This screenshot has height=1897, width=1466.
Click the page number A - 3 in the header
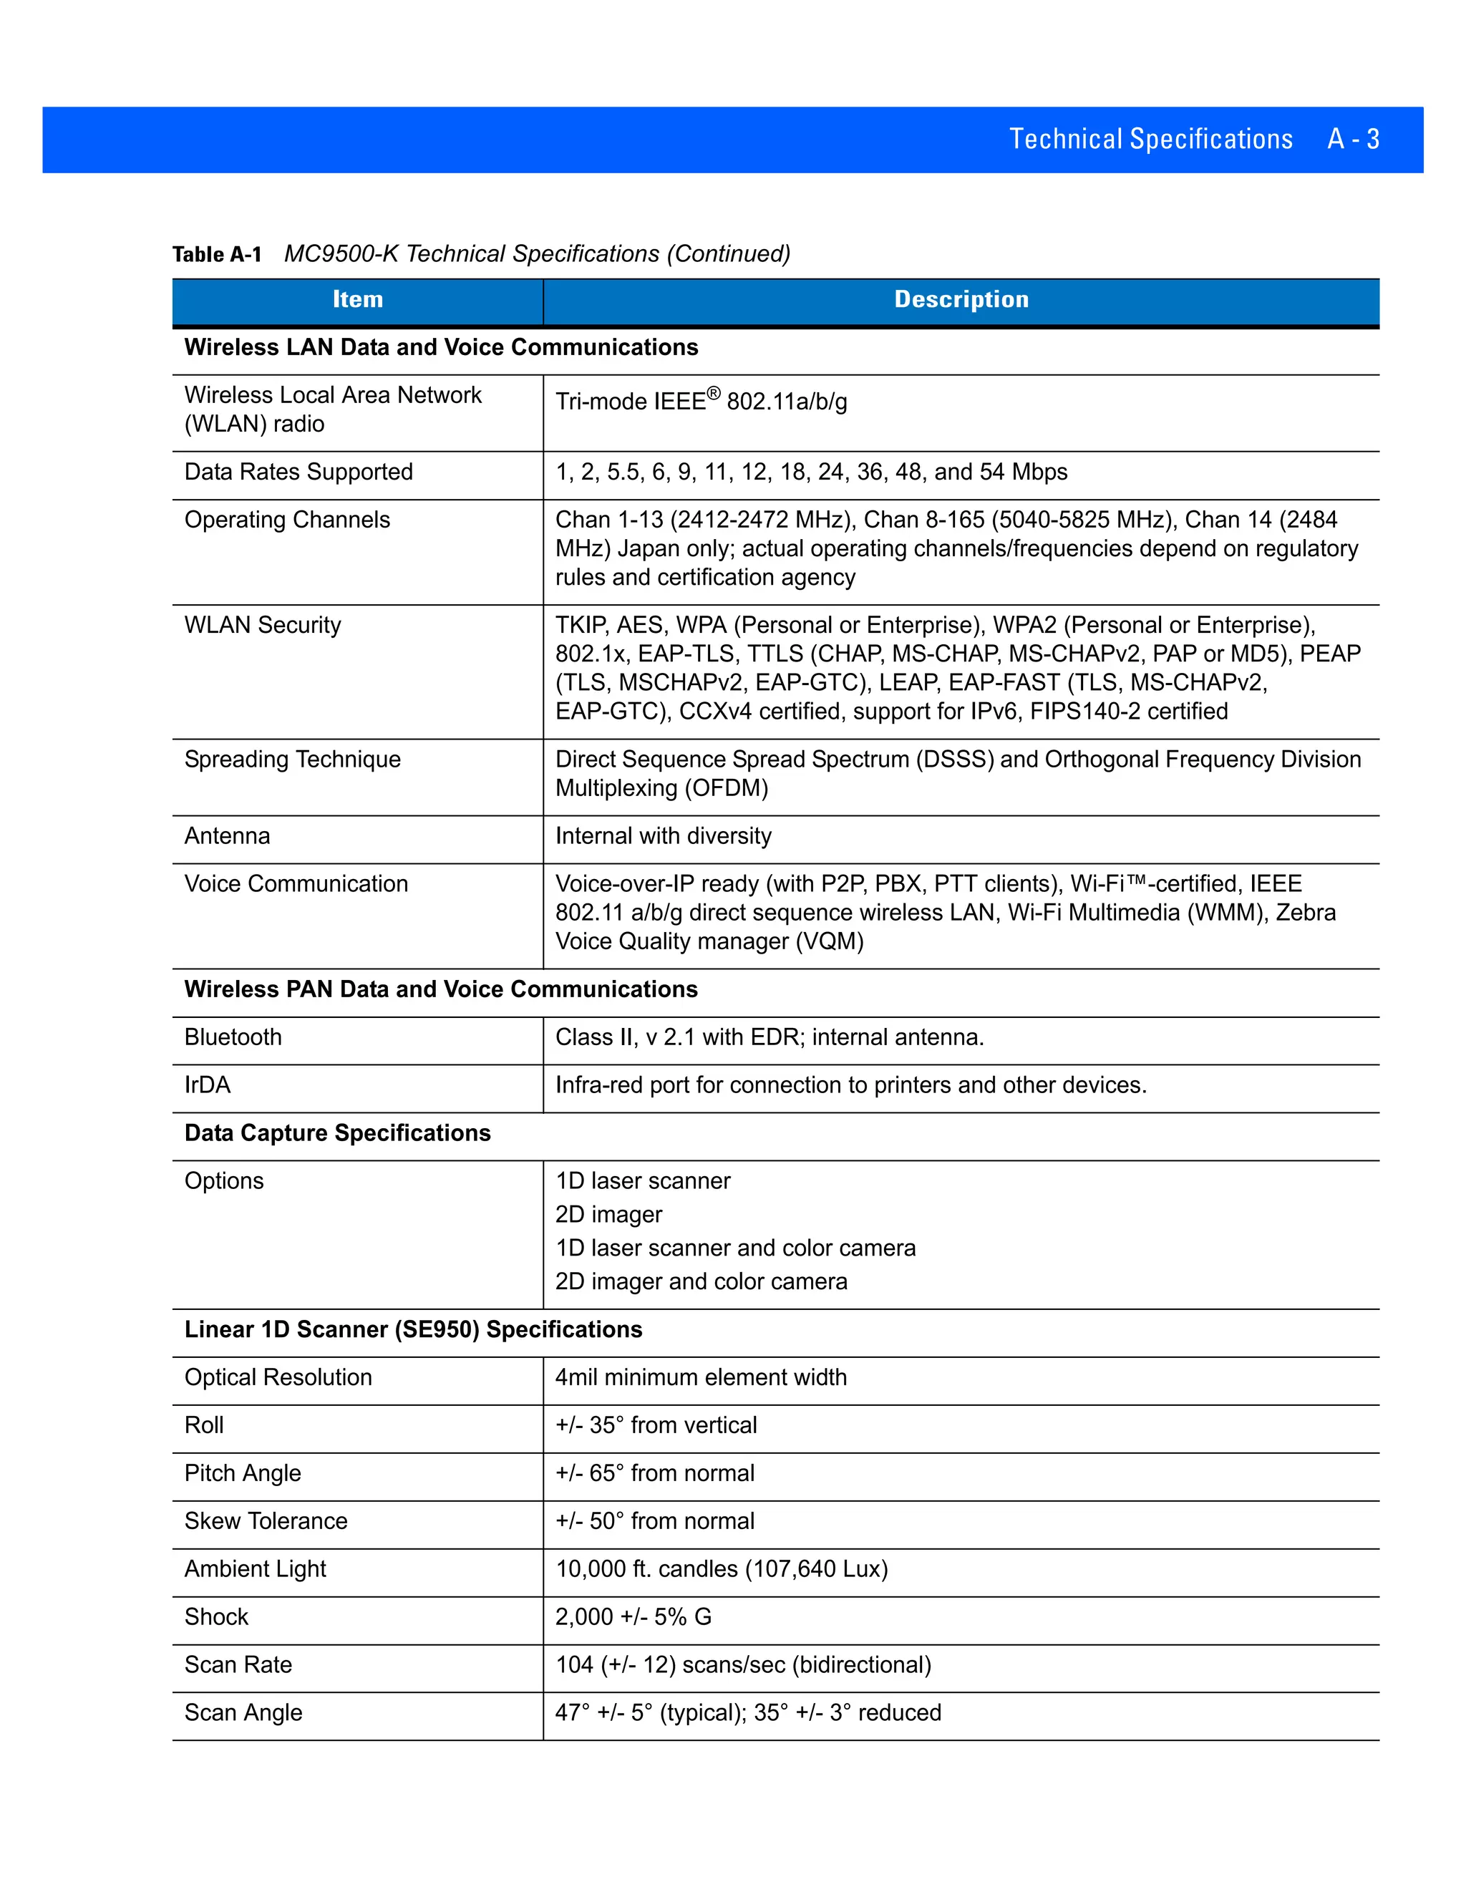click(x=1352, y=140)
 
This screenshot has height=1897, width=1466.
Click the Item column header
click(x=357, y=300)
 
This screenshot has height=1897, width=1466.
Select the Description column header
click(x=961, y=300)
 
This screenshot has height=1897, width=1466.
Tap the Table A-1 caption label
click(x=217, y=255)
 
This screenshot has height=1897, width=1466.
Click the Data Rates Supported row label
click(x=298, y=472)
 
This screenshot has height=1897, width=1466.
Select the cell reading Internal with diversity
click(x=663, y=835)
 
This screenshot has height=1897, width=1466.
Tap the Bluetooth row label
click(x=233, y=1037)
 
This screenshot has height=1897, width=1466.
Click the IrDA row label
click(x=208, y=1085)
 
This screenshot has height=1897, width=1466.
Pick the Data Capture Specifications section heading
click(x=337, y=1132)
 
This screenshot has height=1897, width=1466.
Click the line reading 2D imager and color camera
click(x=701, y=1281)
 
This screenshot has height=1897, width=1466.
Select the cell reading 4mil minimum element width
click(x=700, y=1377)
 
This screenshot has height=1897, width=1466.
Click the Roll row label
click(x=204, y=1425)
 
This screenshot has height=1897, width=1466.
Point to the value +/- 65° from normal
click(x=654, y=1473)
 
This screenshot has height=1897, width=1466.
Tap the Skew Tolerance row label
click(x=266, y=1521)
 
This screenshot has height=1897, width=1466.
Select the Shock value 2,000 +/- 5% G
click(x=633, y=1616)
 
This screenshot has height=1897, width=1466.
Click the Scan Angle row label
click(x=243, y=1712)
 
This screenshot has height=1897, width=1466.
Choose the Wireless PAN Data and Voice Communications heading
click(x=440, y=989)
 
